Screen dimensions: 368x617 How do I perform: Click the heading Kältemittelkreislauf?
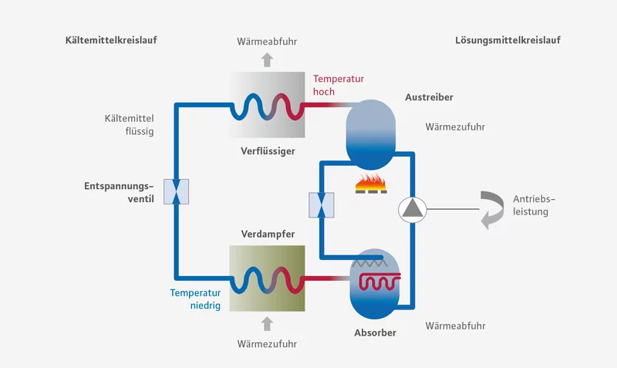(x=111, y=39)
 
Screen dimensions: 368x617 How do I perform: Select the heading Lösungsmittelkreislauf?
(x=507, y=39)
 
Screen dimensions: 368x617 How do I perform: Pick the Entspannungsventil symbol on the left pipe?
(x=177, y=191)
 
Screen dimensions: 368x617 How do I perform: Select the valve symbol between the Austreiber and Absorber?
(x=321, y=205)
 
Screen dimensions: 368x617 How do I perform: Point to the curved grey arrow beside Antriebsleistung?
(x=490, y=209)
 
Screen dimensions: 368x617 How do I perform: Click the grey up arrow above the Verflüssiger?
(x=268, y=59)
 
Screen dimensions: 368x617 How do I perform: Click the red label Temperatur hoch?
(x=338, y=86)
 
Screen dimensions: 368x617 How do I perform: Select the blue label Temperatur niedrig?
(x=196, y=299)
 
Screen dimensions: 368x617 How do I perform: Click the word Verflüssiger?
(x=268, y=150)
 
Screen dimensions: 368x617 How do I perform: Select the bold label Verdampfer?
(x=268, y=233)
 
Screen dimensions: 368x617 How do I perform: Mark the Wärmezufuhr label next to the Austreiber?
(x=455, y=127)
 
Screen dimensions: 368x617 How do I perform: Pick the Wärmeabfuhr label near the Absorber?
(x=455, y=326)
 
